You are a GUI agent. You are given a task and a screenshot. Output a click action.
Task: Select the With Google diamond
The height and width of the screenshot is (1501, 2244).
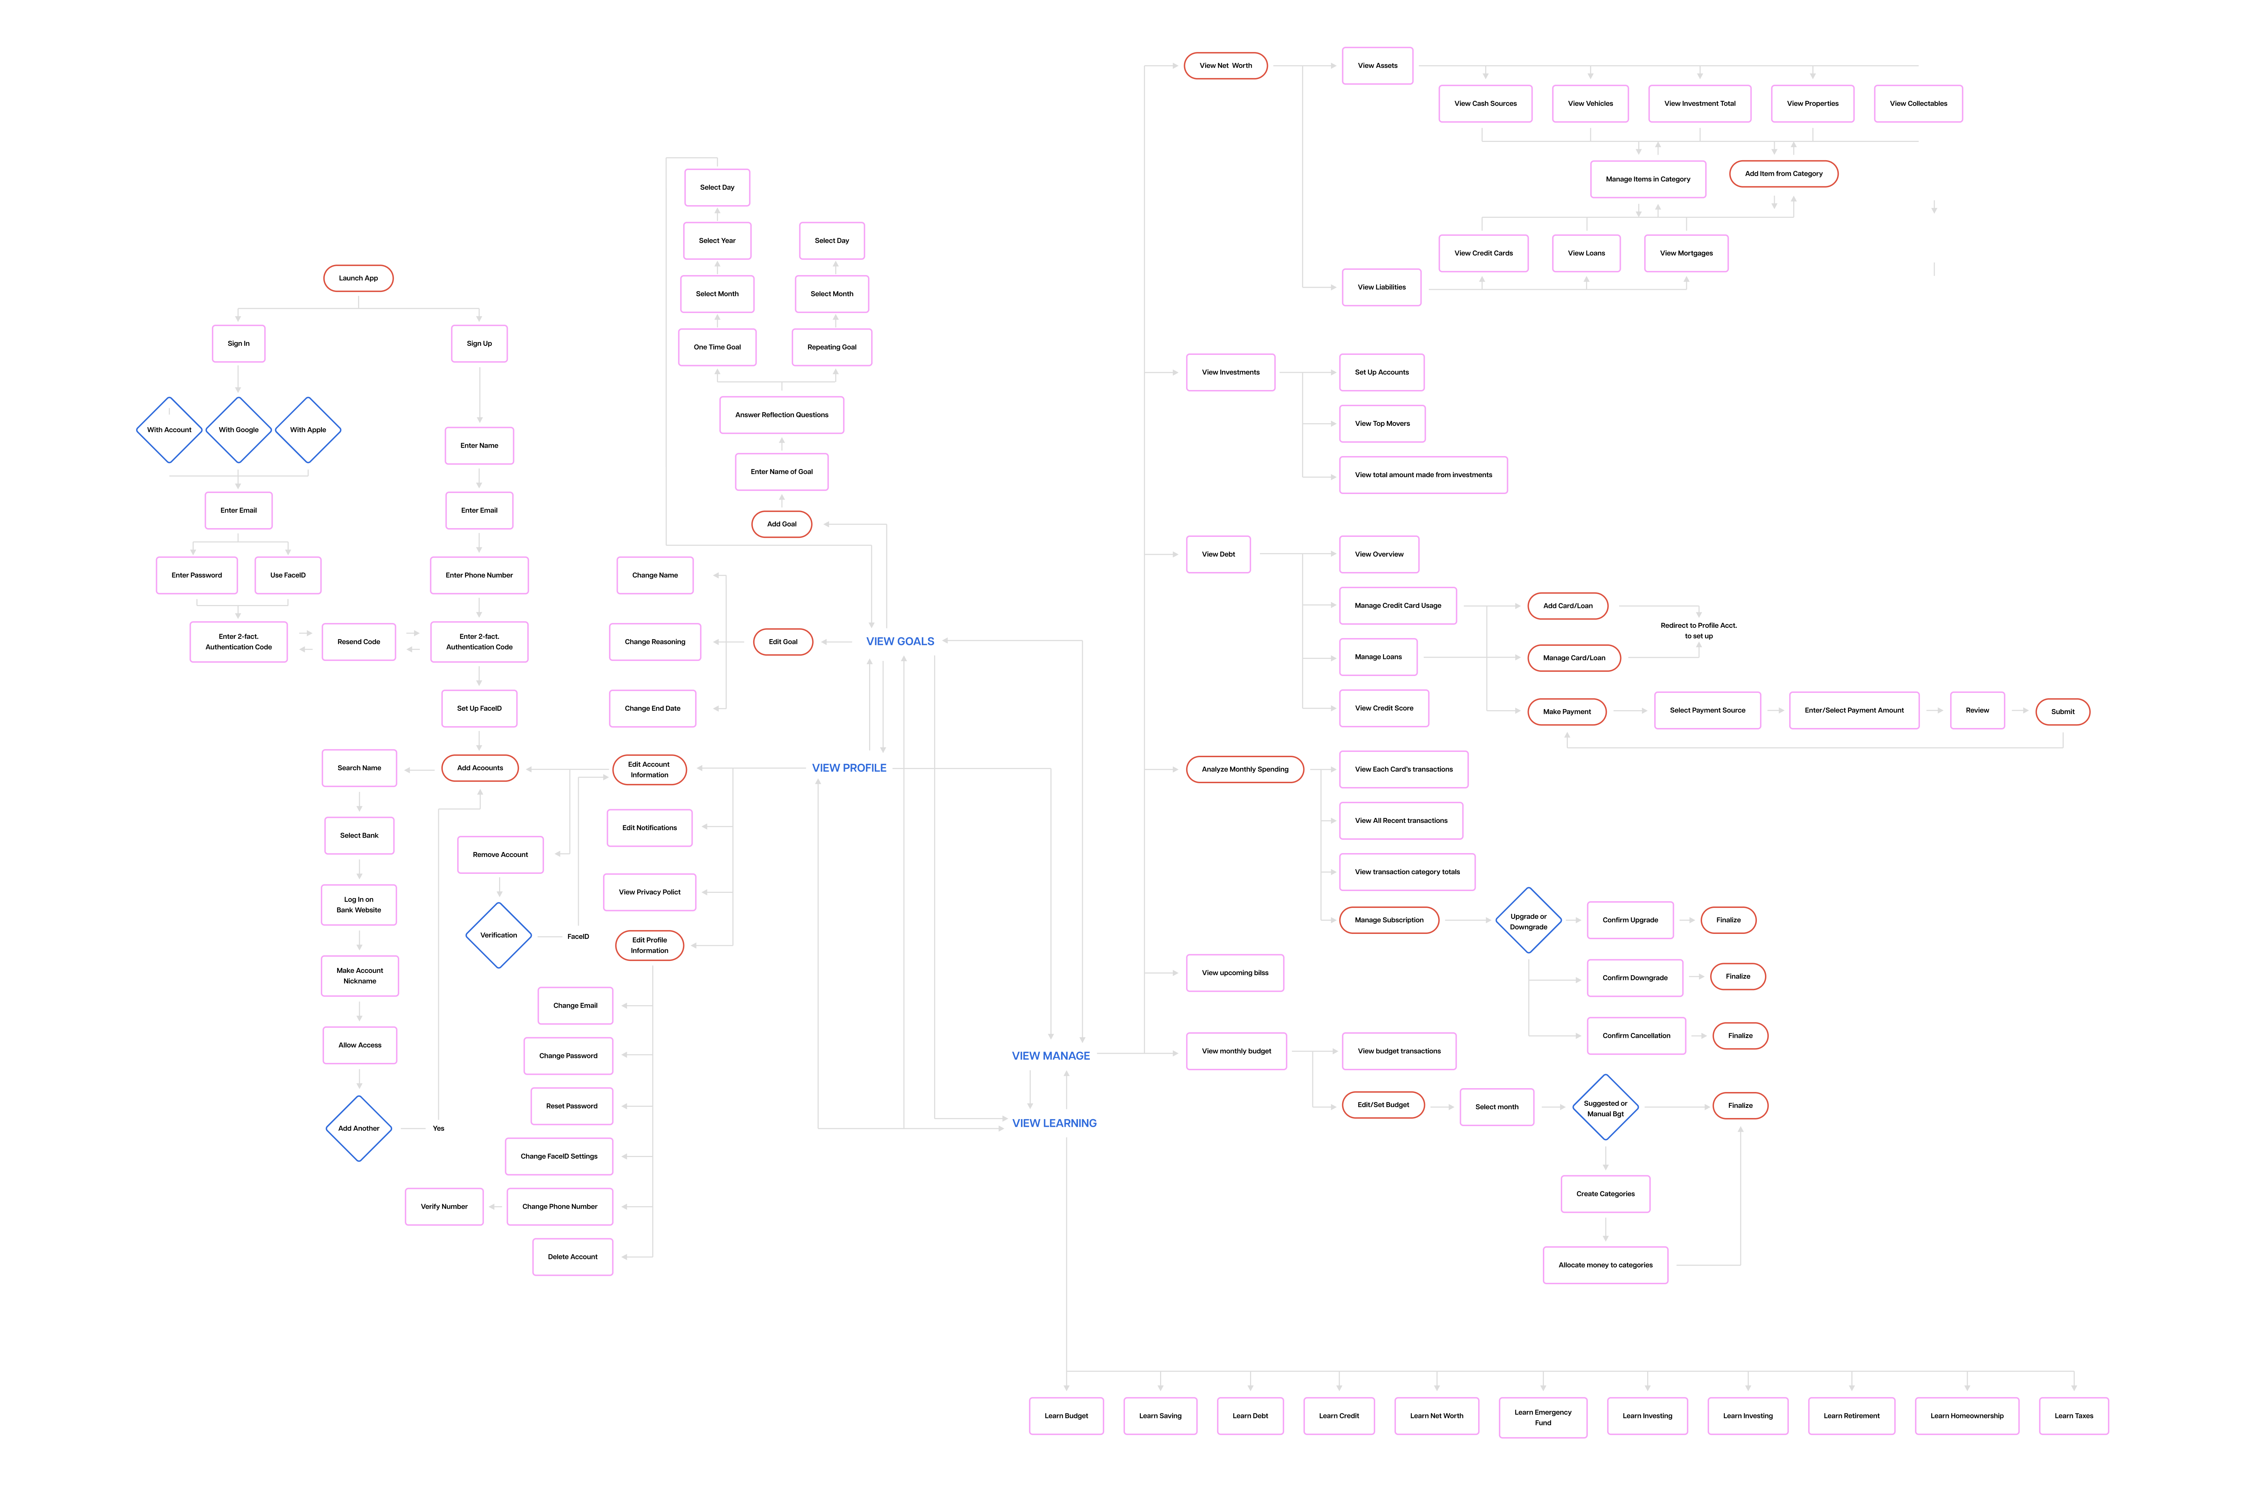tap(238, 430)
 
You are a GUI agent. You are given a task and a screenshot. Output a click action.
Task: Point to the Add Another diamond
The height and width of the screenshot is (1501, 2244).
tap(359, 1129)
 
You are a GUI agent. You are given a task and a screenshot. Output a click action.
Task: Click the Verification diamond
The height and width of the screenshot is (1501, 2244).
tap(499, 935)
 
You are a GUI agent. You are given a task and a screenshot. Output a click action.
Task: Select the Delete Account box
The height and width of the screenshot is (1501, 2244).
tap(573, 1257)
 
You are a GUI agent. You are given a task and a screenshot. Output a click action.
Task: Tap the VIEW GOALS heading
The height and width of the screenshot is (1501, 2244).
tap(900, 641)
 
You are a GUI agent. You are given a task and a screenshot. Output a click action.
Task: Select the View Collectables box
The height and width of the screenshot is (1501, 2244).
tap(1919, 103)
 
